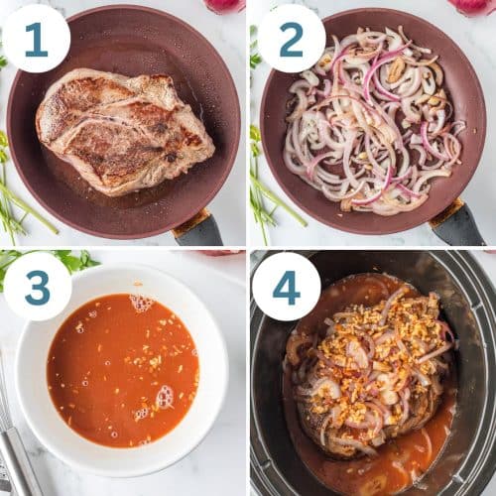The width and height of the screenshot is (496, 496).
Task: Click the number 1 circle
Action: (36, 39)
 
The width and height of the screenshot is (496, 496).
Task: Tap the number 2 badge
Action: (291, 39)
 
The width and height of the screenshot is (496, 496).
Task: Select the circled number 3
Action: (36, 285)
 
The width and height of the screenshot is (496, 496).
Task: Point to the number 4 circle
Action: (286, 286)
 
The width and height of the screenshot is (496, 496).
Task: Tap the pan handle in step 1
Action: (198, 229)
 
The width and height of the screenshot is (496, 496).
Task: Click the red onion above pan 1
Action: (224, 5)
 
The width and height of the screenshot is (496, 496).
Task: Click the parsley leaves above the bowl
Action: (69, 260)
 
